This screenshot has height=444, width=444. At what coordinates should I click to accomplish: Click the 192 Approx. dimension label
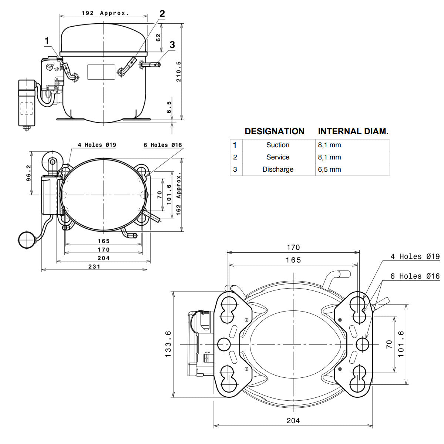(105, 13)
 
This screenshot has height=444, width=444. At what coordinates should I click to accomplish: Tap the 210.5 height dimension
(179, 71)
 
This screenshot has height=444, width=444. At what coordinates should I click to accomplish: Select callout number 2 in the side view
(162, 14)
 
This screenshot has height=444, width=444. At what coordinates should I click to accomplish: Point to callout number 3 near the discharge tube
(172, 45)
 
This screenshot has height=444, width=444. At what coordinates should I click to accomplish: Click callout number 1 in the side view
(47, 41)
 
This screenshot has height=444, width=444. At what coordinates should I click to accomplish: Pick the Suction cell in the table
(277, 145)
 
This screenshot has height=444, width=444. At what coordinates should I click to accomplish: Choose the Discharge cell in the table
(277, 169)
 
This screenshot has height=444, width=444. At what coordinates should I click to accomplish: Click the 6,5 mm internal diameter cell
(329, 169)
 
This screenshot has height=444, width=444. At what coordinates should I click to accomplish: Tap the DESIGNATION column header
(275, 131)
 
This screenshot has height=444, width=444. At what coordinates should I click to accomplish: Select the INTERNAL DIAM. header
(353, 131)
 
